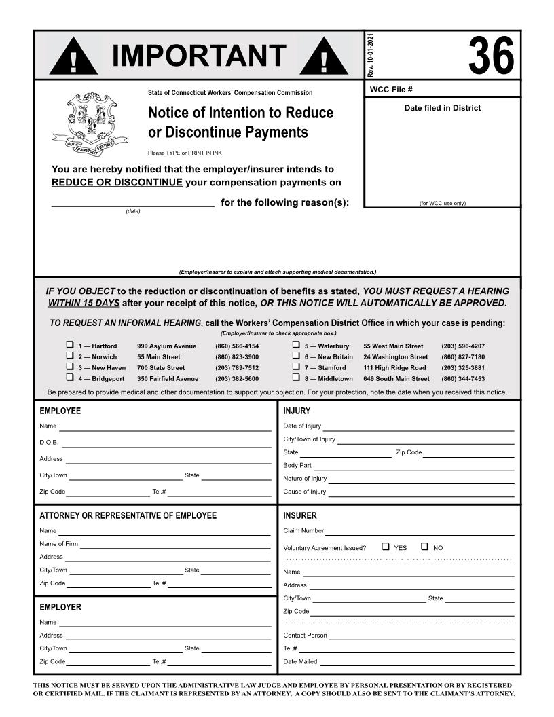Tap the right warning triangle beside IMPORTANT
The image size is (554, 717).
tap(324, 56)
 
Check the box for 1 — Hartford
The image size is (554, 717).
tap(69, 345)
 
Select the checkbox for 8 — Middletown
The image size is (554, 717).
tap(296, 378)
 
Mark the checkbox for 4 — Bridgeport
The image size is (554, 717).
tap(69, 378)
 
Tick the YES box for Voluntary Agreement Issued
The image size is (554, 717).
tap(386, 547)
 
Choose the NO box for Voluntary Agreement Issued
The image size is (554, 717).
tap(424, 547)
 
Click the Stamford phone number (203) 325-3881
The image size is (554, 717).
tap(463, 367)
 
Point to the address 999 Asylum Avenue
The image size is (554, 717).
tap(166, 346)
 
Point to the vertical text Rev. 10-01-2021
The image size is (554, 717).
tap(370, 54)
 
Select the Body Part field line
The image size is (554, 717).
tap(413, 467)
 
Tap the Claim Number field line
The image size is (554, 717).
tap(419, 532)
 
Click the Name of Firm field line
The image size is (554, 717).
tap(175, 545)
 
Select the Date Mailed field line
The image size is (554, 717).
tap(417, 663)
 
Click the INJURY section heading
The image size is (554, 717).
tap(297, 411)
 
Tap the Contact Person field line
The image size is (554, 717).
tap(421, 637)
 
